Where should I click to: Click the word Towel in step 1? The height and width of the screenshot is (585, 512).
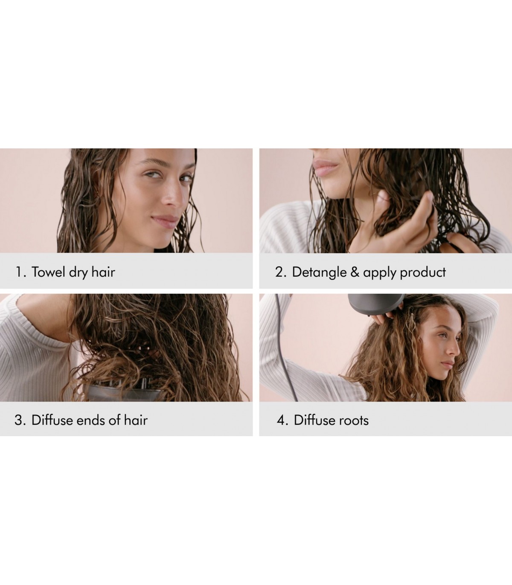(48, 272)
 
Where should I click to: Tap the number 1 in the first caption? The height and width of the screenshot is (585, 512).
(19, 272)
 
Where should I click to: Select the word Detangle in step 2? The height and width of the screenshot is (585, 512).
(319, 272)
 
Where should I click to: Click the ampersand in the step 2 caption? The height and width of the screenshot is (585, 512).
(355, 272)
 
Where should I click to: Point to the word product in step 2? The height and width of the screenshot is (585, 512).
(423, 273)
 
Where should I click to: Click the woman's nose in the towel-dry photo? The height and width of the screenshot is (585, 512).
(173, 196)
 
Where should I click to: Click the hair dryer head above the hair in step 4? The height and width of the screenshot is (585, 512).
(375, 304)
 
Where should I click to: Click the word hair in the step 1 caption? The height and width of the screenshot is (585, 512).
(103, 272)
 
